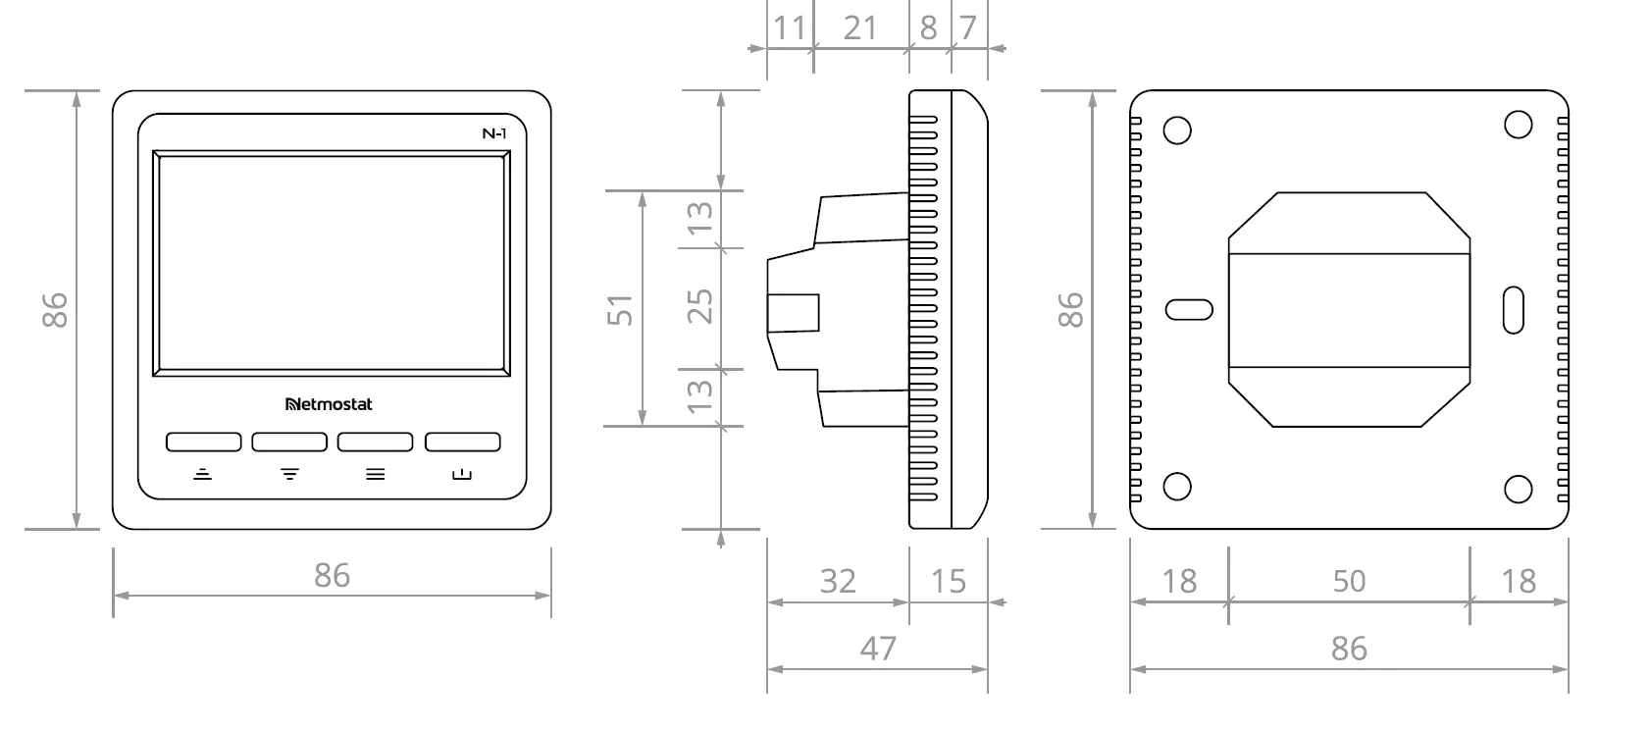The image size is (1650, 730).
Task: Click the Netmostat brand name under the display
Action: pos(328,404)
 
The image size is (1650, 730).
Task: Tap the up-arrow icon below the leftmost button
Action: pos(202,474)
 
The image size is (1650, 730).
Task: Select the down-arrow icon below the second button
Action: pos(289,474)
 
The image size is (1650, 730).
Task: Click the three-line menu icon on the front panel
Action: pos(375,474)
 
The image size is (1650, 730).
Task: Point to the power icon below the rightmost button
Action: pos(462,475)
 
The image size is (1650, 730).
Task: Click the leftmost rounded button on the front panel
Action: pos(203,443)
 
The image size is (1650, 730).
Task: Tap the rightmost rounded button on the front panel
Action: pos(462,443)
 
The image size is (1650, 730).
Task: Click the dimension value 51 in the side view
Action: pos(620,310)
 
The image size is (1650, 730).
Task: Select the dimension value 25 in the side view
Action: pos(699,307)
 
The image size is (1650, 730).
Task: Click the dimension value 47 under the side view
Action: pos(877,649)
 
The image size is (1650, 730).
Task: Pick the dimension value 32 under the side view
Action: pos(838,582)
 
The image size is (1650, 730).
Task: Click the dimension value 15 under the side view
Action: pos(948,582)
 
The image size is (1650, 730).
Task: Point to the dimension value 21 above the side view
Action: pos(859,28)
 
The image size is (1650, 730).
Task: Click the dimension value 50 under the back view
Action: pos(1349,582)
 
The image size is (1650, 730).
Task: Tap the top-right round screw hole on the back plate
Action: pos(1518,124)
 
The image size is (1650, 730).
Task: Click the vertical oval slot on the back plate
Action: pos(1514,309)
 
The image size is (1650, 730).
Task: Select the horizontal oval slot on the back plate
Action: pos(1189,310)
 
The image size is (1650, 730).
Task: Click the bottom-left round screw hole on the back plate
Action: pos(1177,487)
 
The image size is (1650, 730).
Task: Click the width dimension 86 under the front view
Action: pos(332,576)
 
